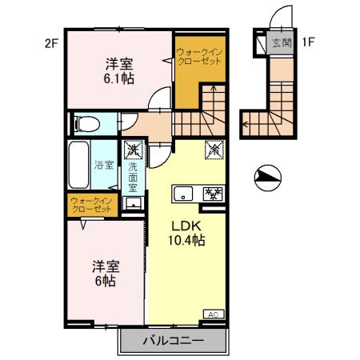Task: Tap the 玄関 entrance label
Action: [x=281, y=43]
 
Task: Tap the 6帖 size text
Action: [x=105, y=281]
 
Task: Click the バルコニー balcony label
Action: [x=174, y=339]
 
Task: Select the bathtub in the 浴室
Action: [x=80, y=166]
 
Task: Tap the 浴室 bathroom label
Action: [x=104, y=167]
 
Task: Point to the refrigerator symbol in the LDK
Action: [x=214, y=149]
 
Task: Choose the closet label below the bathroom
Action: [x=91, y=204]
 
